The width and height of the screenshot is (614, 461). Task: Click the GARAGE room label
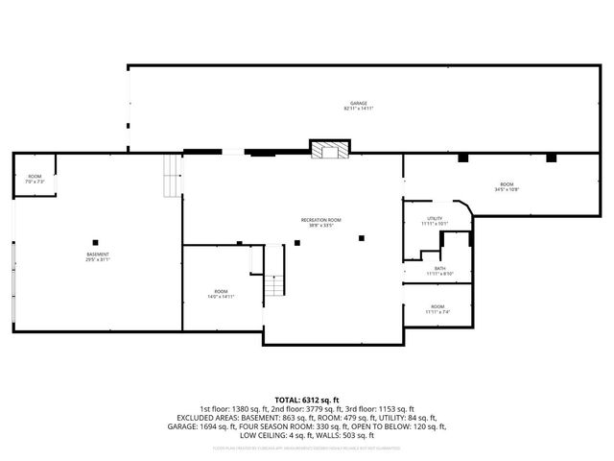[358, 104]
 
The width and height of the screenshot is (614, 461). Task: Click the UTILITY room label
[434, 220]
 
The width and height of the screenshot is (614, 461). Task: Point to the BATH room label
[439, 269]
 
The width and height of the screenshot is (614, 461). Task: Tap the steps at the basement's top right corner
[172, 176]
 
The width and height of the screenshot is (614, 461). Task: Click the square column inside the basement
[95, 241]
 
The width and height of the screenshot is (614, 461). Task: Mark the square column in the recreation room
[362, 238]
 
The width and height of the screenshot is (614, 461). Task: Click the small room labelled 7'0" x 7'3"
[35, 179]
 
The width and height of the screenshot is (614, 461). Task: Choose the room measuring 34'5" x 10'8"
[506, 186]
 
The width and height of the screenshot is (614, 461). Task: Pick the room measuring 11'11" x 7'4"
[438, 309]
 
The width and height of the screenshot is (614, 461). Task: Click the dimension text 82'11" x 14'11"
[358, 109]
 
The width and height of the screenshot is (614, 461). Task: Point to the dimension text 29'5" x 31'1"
[98, 259]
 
